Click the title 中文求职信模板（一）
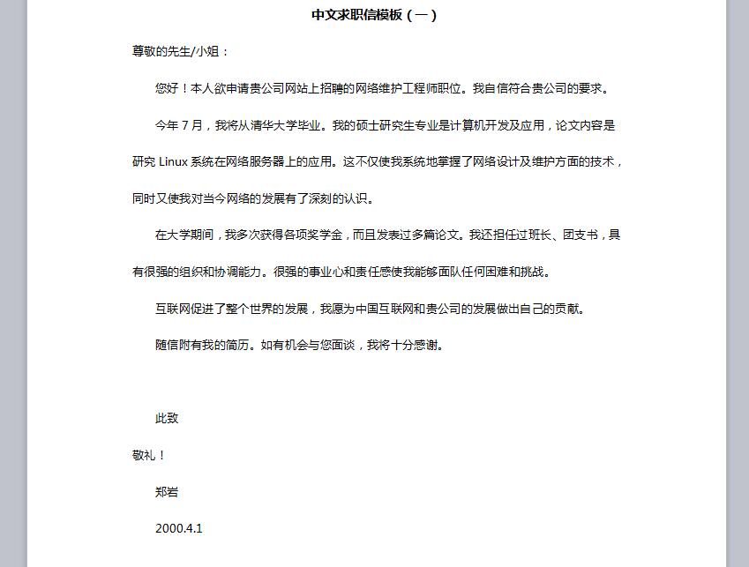374,15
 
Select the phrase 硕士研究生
382,125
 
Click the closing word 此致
167,419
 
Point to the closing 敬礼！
148,456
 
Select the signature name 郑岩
167,492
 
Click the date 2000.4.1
178,529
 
